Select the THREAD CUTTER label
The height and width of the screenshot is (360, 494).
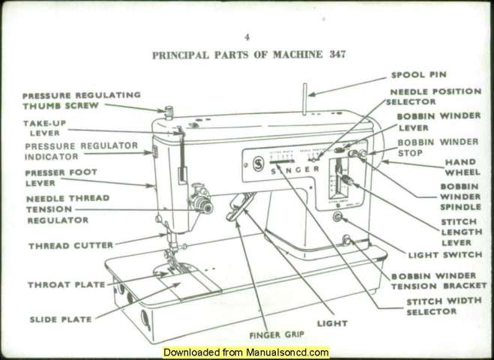point(70,245)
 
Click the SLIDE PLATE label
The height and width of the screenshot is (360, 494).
point(61,319)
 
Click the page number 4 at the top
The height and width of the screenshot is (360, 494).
point(247,37)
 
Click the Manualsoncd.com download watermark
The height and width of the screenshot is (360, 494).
point(247,352)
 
